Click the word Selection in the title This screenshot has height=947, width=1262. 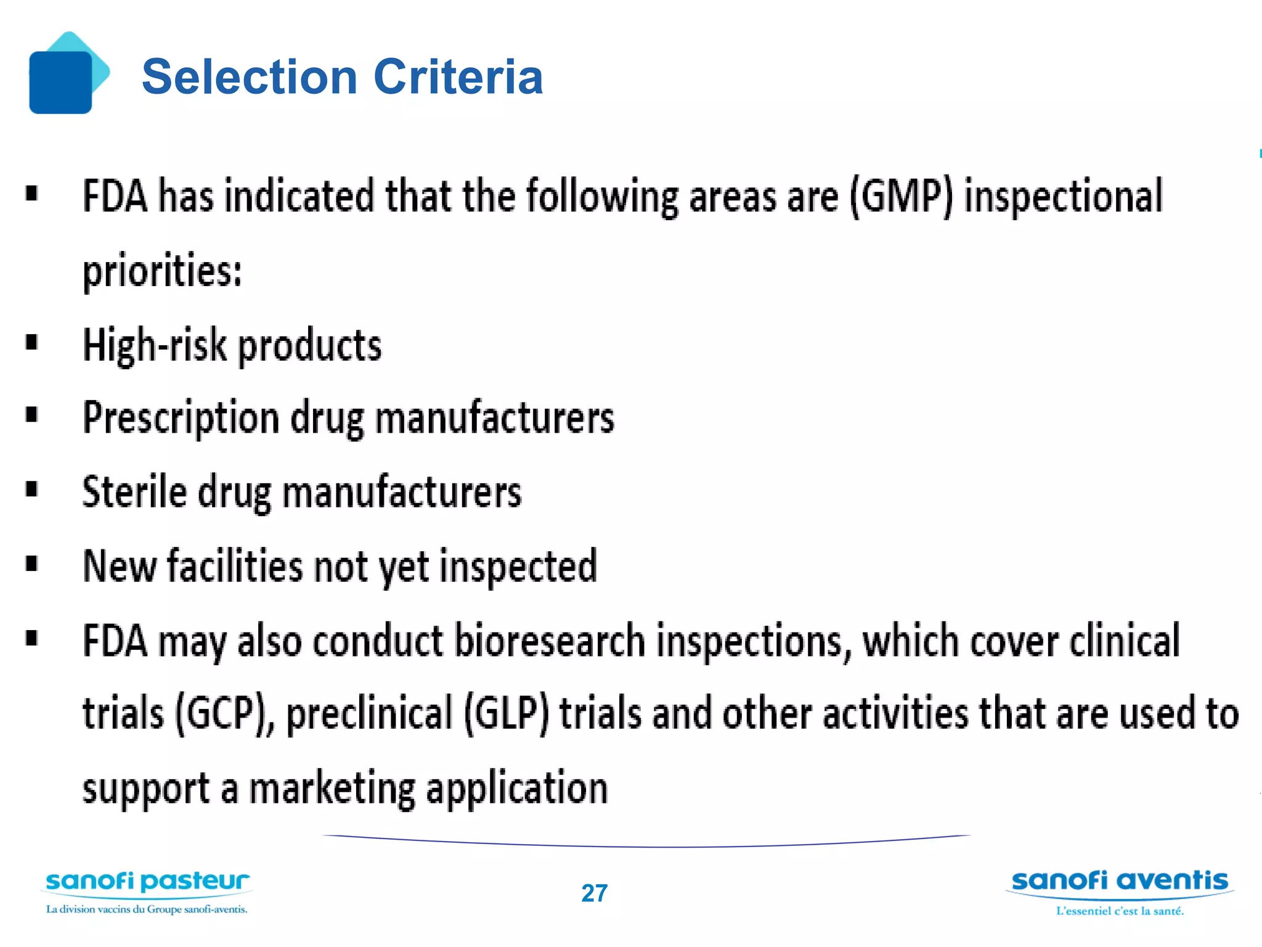pos(250,77)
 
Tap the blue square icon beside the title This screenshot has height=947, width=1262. pos(61,81)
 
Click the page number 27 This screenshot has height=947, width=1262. pos(594,893)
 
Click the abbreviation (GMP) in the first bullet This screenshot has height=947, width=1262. pos(900,197)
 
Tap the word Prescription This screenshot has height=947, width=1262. pos(181,418)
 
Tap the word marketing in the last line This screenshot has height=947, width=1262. pos(332,789)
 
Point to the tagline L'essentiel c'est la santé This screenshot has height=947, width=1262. pos(1120,911)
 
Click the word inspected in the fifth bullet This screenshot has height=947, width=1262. pos(518,566)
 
